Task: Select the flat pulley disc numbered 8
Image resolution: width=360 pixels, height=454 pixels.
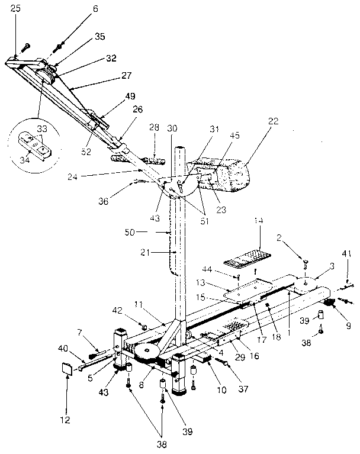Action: [x=147, y=353]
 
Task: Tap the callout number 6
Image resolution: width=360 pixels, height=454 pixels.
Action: [x=79, y=8]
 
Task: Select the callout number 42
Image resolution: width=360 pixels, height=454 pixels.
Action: [x=117, y=310]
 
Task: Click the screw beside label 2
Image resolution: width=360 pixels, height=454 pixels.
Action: [x=306, y=262]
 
